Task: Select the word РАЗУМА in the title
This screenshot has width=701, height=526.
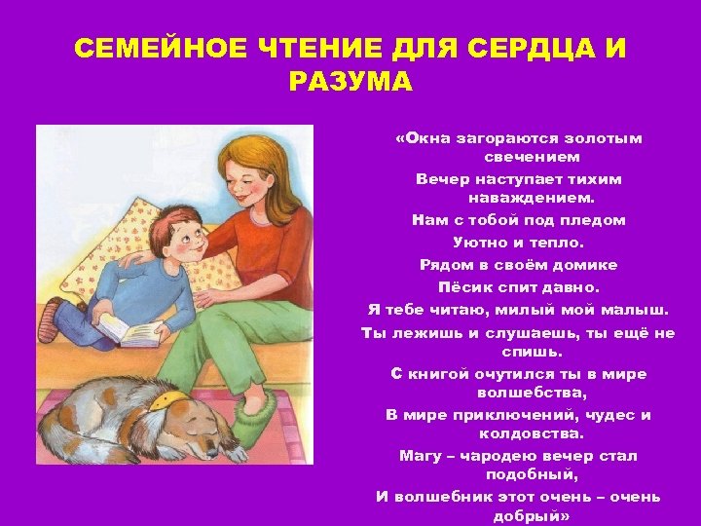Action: (x=350, y=81)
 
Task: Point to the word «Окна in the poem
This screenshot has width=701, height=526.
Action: (x=423, y=138)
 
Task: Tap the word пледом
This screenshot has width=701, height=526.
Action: (x=591, y=220)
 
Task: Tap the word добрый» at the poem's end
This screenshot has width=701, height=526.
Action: (x=531, y=515)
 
